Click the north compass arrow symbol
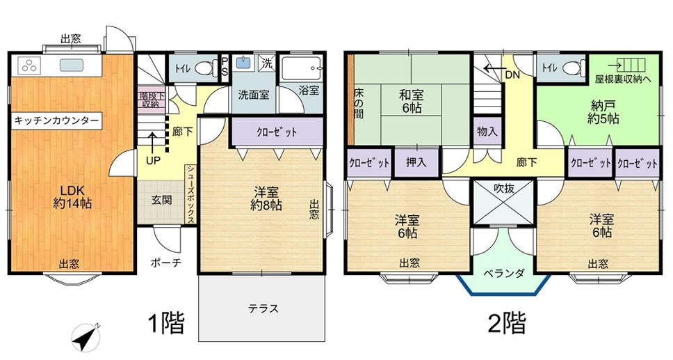(x=86, y=338)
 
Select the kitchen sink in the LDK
(x=70, y=65)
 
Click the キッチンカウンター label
(x=56, y=121)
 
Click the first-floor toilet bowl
(x=206, y=68)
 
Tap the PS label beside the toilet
(x=225, y=67)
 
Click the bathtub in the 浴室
(x=301, y=68)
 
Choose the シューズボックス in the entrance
(x=190, y=194)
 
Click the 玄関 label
(x=161, y=200)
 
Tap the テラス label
(x=263, y=308)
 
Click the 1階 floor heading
(x=166, y=323)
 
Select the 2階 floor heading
(x=507, y=323)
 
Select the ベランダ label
(x=504, y=274)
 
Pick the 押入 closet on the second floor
(x=416, y=162)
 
